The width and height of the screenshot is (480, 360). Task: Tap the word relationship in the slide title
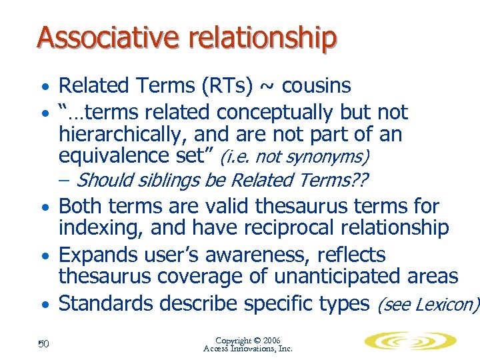[262, 39]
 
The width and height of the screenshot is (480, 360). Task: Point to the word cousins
[317, 86]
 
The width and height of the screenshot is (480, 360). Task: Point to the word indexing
[100, 228]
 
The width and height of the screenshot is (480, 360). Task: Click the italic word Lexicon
[445, 305]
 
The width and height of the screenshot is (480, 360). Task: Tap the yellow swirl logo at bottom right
[410, 341]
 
